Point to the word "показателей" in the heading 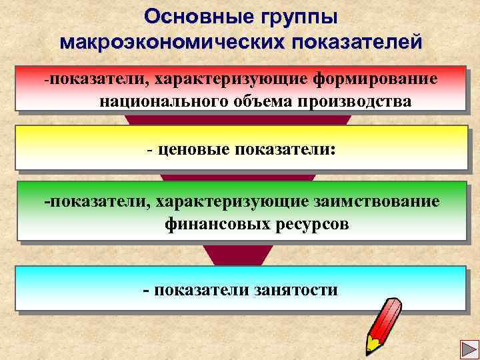pos(356,42)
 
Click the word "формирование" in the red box pos(377,79)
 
